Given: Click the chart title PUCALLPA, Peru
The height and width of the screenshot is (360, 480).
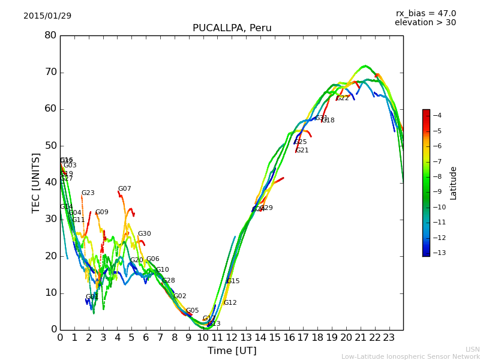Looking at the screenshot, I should coord(232,28).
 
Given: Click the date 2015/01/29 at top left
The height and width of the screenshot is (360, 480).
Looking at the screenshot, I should coord(47,16).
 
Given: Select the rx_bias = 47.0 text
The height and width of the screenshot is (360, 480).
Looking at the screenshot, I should coord(425,13).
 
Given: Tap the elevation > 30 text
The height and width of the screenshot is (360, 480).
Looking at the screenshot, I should coord(425,23).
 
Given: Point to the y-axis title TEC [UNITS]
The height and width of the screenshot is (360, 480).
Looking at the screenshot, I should coord(36,182).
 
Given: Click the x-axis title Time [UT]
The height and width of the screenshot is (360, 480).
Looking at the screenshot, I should coord(232,351).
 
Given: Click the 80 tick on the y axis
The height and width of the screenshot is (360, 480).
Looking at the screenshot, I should coord(50,35).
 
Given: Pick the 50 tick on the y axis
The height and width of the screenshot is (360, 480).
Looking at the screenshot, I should coord(50,146).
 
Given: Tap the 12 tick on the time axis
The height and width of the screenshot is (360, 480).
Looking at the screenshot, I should coord(232,338).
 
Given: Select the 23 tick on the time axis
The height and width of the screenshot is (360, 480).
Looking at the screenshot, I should coord(389,338).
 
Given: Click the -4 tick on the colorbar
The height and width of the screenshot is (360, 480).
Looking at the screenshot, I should coord(437,115).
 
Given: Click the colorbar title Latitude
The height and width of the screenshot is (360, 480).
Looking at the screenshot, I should coord(454,182).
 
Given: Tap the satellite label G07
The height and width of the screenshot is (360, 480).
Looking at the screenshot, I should coord(124,189).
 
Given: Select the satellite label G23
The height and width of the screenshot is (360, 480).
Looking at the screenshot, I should coord(88,193).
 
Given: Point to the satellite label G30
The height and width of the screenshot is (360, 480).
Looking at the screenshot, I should coord(144,234).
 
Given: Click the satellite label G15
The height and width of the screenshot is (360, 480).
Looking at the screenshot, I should coord(233,281).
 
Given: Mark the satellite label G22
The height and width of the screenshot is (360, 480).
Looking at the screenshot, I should coord(342,98).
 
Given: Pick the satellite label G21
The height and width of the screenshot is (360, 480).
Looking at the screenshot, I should coord(302,151).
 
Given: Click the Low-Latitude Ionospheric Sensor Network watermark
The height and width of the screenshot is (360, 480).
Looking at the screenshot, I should coord(410,356).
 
